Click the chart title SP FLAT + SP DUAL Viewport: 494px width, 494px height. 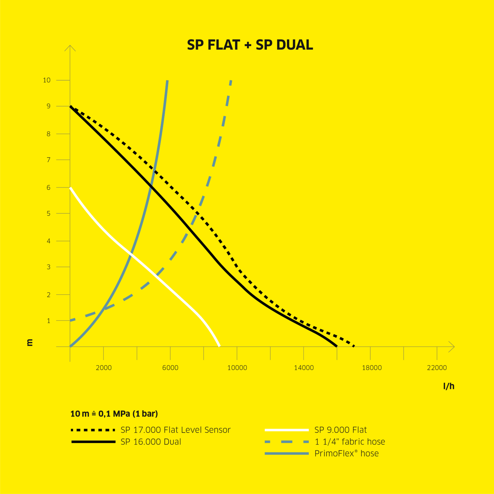pyautogui.click(x=250, y=45)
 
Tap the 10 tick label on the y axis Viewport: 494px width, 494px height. pyautogui.click(x=47, y=80)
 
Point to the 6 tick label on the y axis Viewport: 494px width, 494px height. pyautogui.click(x=49, y=188)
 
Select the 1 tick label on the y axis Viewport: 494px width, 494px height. pyautogui.click(x=49, y=321)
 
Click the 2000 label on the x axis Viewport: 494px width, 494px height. pyautogui.click(x=103, y=368)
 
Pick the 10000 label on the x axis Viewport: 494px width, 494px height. pyautogui.click(x=237, y=368)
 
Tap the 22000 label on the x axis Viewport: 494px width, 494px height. pyautogui.click(x=437, y=368)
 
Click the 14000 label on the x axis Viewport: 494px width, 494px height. pyautogui.click(x=304, y=368)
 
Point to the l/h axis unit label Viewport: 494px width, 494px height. pyautogui.click(x=449, y=386)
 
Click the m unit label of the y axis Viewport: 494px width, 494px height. pyautogui.click(x=30, y=343)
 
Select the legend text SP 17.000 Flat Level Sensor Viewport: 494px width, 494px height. pyautogui.click(x=175, y=430)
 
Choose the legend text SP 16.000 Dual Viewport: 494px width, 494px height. pyautogui.click(x=151, y=442)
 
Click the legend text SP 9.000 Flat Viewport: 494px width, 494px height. pyautogui.click(x=340, y=430)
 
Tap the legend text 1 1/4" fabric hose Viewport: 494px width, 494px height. pyautogui.click(x=349, y=442)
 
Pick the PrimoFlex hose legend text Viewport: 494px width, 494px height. pyautogui.click(x=347, y=454)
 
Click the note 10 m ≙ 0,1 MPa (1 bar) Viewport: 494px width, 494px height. pyautogui.click(x=114, y=414)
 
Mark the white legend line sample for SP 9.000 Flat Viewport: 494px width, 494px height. pyautogui.click(x=287, y=430)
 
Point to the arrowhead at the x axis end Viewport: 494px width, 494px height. pyautogui.click(x=453, y=347)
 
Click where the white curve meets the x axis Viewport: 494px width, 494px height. pyautogui.click(x=219, y=346)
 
